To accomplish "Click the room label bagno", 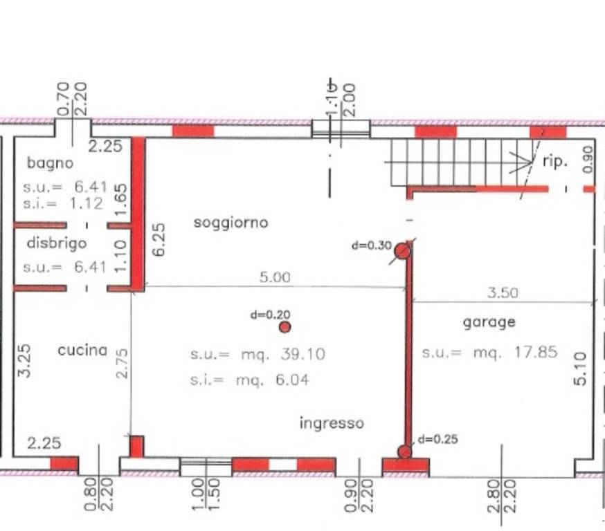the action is [50, 163].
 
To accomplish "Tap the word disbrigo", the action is [57, 243].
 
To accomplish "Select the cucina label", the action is [82, 350].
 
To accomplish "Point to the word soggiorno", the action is [231, 223].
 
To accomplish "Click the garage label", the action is [489, 322].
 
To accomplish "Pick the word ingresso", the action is [332, 422].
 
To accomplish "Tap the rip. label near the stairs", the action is [555, 161].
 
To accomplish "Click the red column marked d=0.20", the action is [285, 327].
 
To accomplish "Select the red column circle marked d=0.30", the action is [402, 251].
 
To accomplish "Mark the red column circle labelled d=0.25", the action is [404, 451].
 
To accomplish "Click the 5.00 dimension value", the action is [275, 277].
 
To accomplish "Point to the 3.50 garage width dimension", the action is [503, 293].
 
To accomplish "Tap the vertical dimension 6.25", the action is [159, 239].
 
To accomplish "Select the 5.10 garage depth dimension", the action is [580, 369].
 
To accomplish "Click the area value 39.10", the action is [303, 354].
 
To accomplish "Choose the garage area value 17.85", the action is [536, 352].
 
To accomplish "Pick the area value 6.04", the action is [292, 380].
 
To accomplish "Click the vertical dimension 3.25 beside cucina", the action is [24, 361].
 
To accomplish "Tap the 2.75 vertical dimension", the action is [122, 364].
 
